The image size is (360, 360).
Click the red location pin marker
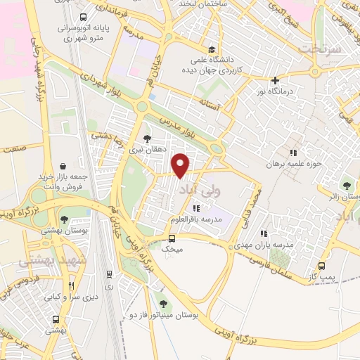coord(181,165)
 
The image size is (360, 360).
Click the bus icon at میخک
coord(172,238)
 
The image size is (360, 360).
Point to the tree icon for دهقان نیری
coord(146,138)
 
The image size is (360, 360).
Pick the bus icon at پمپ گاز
coord(321,266)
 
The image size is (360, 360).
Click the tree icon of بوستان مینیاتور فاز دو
coord(164,304)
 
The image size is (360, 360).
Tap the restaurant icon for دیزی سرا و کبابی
coord(71,285)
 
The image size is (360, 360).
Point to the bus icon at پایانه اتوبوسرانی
coord(84,17)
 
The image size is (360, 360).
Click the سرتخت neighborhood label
coord(320,49)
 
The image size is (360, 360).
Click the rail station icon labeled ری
coord(109,274)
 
